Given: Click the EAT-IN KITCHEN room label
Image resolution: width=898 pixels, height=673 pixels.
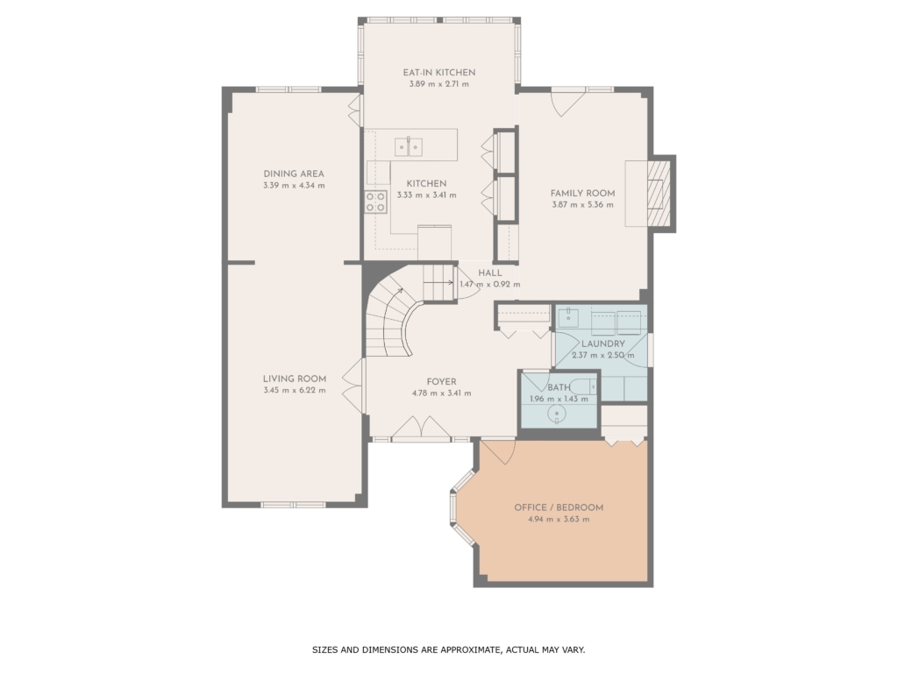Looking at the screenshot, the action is pyautogui.click(x=439, y=73).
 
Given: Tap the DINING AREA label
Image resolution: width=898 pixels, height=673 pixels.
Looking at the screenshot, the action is pyautogui.click(x=294, y=174).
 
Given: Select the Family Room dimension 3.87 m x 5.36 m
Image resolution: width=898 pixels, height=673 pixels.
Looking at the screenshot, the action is pyautogui.click(x=582, y=205).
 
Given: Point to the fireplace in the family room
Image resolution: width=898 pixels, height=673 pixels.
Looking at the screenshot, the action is pyautogui.click(x=659, y=194).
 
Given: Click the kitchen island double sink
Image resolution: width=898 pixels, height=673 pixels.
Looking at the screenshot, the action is pyautogui.click(x=409, y=147).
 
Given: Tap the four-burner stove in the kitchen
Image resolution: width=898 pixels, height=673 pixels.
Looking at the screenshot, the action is pyautogui.click(x=376, y=202).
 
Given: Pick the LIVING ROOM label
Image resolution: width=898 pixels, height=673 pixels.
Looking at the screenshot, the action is pyautogui.click(x=295, y=379).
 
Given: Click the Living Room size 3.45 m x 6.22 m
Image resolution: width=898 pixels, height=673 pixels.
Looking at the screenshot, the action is pyautogui.click(x=295, y=391).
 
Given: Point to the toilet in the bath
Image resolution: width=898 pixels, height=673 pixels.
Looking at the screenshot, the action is pyautogui.click(x=584, y=386).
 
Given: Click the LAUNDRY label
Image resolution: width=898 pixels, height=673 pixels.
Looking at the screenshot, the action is pyautogui.click(x=603, y=344).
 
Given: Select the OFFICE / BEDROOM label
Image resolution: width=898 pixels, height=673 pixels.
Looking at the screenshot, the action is pyautogui.click(x=559, y=507).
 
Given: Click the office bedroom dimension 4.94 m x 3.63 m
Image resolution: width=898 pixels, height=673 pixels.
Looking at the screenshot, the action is pyautogui.click(x=559, y=520).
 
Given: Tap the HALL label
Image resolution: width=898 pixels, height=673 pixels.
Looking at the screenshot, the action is pyautogui.click(x=490, y=273).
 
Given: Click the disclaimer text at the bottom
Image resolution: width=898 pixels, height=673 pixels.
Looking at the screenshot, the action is pyautogui.click(x=448, y=649).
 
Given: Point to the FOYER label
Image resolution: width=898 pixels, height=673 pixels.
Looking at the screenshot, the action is pyautogui.click(x=442, y=382).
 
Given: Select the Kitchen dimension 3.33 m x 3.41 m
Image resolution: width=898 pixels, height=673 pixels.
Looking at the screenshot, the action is pyautogui.click(x=427, y=195).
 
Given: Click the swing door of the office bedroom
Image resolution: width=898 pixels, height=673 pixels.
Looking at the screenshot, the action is pyautogui.click(x=499, y=452).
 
